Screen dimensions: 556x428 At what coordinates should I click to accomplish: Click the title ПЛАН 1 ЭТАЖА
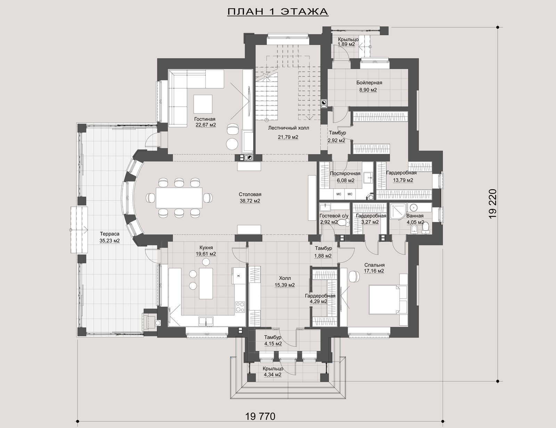[278, 11]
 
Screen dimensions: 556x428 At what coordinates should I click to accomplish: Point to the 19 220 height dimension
[492, 204]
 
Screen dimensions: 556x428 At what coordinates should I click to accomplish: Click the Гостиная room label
[205, 119]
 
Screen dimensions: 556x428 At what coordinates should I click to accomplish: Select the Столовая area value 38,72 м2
[250, 201]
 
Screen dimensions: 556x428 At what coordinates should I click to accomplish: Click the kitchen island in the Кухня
[206, 284]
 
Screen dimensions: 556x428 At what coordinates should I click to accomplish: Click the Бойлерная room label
[369, 83]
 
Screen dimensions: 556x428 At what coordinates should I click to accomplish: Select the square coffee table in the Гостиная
[203, 104]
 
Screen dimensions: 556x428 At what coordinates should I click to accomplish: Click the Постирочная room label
[345, 173]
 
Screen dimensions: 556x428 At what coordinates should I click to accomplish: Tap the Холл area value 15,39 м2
[285, 285]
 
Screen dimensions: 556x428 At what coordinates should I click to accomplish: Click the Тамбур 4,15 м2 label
[273, 340]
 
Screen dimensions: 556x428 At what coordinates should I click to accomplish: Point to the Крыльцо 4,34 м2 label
[273, 372]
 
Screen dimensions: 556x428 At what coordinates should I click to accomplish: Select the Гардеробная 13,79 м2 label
[401, 176]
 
